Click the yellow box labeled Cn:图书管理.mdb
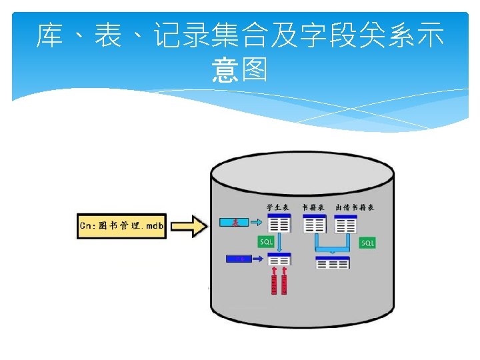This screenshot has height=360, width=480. pos(121,225)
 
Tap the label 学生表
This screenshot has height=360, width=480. pos(277,207)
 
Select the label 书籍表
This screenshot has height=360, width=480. pos(313,207)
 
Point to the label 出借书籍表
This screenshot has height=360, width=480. pos(355,207)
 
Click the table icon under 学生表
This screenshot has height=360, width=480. pos(279,223)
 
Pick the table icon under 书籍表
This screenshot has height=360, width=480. pos(315,223)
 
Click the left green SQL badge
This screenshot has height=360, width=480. pos(266,241)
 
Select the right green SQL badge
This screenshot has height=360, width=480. pos(367,243)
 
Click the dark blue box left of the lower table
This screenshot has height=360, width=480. pos(239,259)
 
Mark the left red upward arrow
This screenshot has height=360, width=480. pos(273,281)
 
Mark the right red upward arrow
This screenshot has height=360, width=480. pos(285,281)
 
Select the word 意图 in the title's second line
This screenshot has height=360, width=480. pos(240,69)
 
